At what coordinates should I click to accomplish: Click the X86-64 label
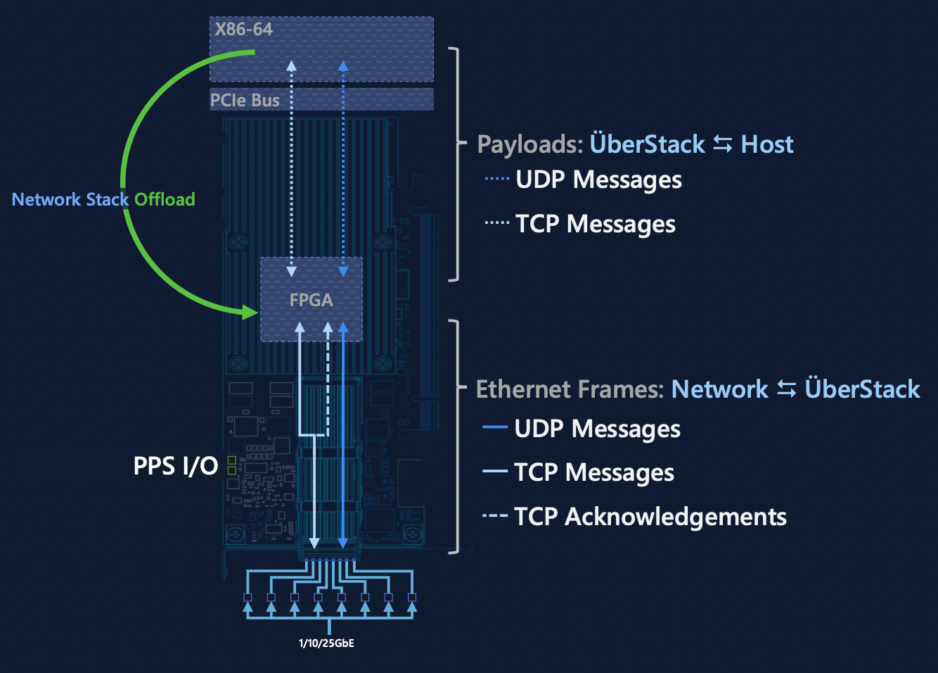[243, 30]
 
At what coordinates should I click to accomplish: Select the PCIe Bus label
[245, 101]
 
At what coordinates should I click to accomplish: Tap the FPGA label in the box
[311, 300]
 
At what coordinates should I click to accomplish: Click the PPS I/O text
[176, 466]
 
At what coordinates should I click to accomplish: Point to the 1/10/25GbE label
[326, 643]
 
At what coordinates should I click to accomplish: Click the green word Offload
[165, 200]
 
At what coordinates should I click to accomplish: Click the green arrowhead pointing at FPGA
[250, 311]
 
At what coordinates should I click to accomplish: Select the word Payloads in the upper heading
[529, 144]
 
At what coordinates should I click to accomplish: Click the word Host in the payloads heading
[767, 144]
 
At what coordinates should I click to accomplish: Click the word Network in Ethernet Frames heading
[719, 389]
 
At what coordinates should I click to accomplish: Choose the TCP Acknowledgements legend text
[650, 517]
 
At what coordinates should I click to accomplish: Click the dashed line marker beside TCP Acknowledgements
[495, 516]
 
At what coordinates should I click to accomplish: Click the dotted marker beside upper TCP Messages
[496, 223]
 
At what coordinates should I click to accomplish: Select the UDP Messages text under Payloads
[598, 180]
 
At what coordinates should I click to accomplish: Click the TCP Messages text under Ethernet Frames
[593, 472]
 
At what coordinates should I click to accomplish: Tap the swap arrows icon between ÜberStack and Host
[723, 144]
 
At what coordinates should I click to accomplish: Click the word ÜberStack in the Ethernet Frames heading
[862, 389]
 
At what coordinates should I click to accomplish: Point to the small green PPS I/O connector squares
[231, 465]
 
